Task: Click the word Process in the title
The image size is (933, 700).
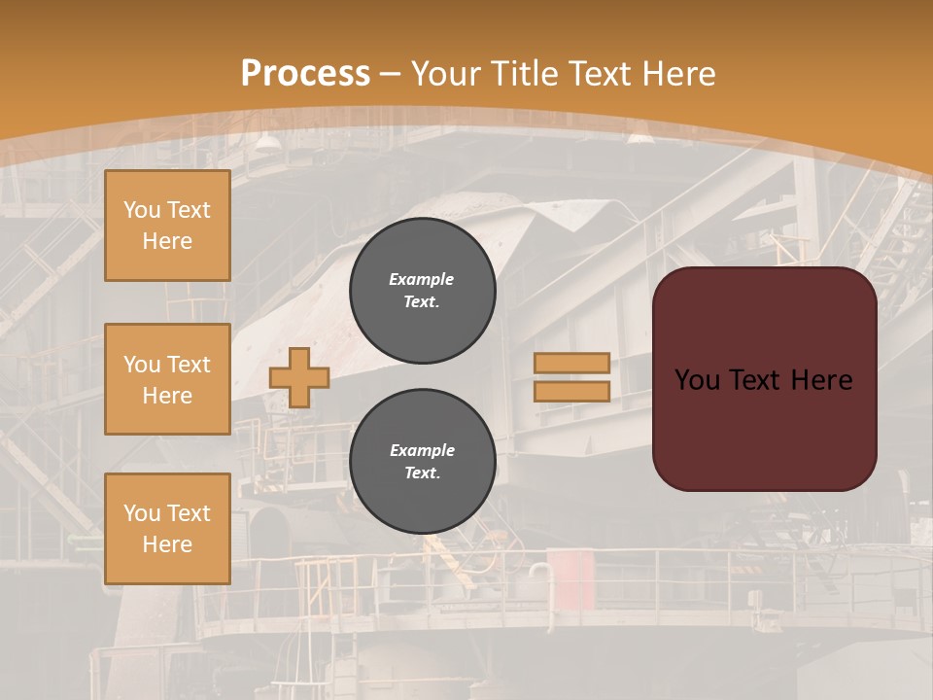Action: pyautogui.click(x=305, y=74)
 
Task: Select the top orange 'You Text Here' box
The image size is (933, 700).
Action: pyautogui.click(x=167, y=226)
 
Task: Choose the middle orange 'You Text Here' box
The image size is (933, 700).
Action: pyautogui.click(x=167, y=379)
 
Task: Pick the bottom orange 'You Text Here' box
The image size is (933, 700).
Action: pyautogui.click(x=167, y=529)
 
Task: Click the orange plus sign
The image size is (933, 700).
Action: pyautogui.click(x=299, y=377)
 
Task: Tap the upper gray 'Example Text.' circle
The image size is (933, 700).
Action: pyautogui.click(x=422, y=291)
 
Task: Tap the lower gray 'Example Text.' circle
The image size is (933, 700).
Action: pyautogui.click(x=422, y=462)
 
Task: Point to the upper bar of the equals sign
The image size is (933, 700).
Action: pyautogui.click(x=571, y=363)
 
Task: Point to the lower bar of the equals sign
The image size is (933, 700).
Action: pyautogui.click(x=571, y=391)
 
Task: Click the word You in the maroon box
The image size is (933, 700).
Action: pyautogui.click(x=696, y=380)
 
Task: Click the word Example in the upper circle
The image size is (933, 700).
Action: pyautogui.click(x=421, y=279)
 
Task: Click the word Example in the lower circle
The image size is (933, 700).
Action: pyautogui.click(x=421, y=450)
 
